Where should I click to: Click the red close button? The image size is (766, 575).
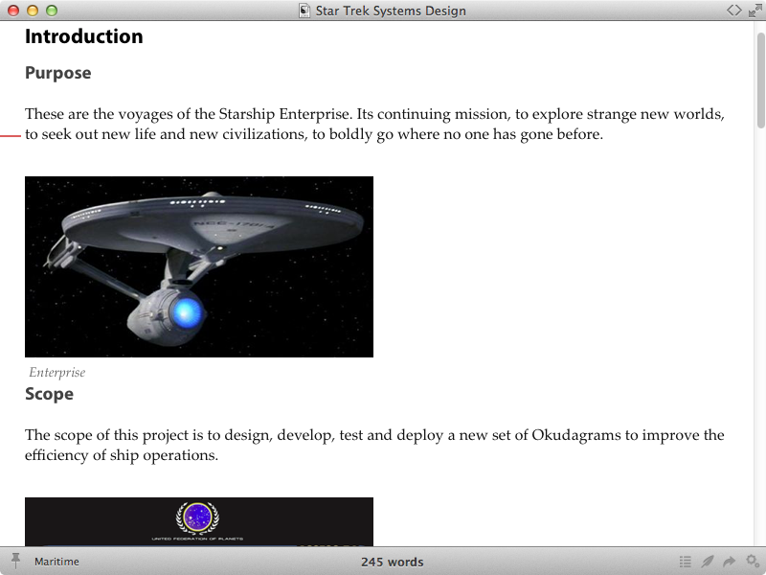13,11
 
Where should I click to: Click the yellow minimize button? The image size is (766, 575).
33,11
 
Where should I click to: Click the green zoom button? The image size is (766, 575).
52,11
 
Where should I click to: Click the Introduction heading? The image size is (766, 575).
84,36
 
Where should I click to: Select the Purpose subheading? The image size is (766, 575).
58,73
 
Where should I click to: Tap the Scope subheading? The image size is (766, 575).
50,394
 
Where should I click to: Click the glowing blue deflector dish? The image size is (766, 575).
187,312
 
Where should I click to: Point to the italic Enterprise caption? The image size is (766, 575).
57,373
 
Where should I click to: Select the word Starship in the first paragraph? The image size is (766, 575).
247,114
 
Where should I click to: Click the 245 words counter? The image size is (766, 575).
393,563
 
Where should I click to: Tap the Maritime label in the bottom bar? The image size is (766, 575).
56,562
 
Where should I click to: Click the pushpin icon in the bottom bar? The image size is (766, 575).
15,561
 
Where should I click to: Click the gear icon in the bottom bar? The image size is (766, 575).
753,562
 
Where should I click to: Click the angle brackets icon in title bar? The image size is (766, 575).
733,11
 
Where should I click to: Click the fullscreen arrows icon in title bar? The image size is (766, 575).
755,11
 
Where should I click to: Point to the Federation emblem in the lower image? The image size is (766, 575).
197,517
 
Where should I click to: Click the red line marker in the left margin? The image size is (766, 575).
11,136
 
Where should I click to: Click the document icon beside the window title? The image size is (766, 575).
304,11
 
